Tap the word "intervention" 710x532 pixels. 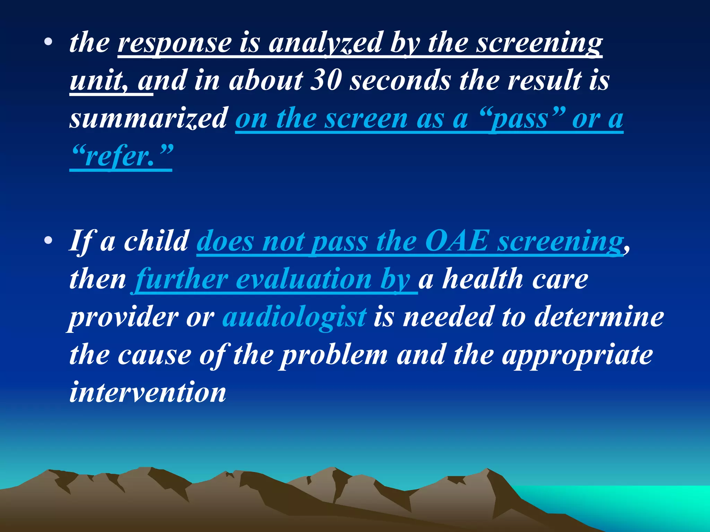click(148, 392)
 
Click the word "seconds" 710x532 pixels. click(400, 80)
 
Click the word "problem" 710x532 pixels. click(334, 355)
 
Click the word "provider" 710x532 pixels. click(123, 317)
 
